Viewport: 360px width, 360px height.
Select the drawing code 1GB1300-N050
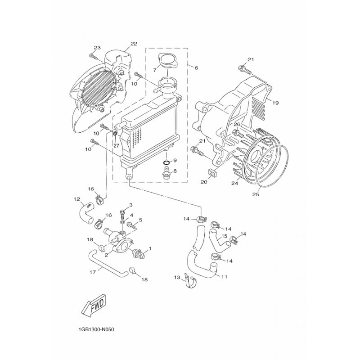[x=96, y=330]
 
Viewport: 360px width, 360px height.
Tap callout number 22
[x=134, y=44]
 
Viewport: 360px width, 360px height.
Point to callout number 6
[x=196, y=68]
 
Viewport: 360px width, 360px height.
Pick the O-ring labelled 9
[x=167, y=163]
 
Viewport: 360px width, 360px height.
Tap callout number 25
[x=256, y=194]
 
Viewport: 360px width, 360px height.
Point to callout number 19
[x=275, y=103]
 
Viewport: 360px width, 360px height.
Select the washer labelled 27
[x=116, y=134]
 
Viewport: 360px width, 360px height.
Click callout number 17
[x=93, y=273]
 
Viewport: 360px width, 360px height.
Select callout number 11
[x=224, y=277]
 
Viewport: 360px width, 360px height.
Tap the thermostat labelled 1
[x=138, y=253]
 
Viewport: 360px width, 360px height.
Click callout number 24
[x=234, y=183]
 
